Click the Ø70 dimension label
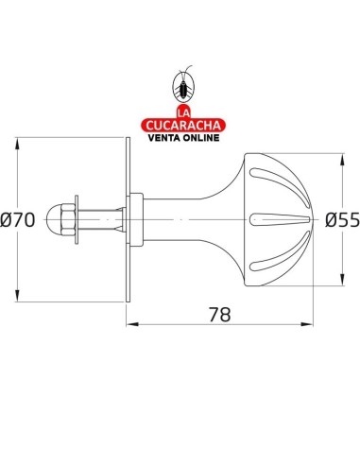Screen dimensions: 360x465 [17, 220]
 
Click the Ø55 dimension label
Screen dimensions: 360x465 [342, 219]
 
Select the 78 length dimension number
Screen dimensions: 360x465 [220, 314]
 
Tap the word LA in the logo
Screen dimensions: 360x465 [184, 113]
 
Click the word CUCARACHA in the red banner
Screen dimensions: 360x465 [183, 126]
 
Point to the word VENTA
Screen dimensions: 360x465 [164, 138]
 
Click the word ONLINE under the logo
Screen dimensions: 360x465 [201, 138]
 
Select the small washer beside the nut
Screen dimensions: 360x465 [77, 219]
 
